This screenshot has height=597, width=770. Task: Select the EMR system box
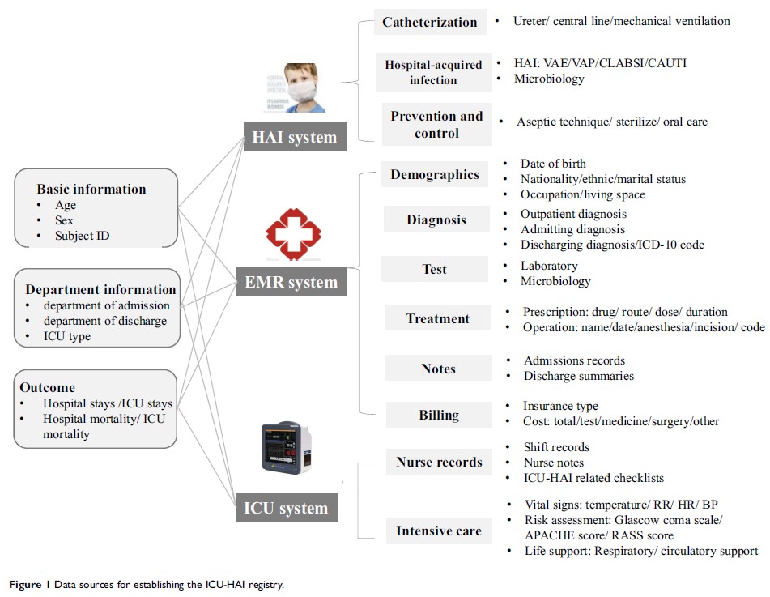pyautogui.click(x=290, y=283)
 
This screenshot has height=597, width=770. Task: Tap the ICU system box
pyautogui.click(x=286, y=509)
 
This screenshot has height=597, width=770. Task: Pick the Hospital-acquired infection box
pyautogui.click(x=433, y=72)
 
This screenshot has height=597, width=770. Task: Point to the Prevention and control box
pyautogui.click(x=436, y=124)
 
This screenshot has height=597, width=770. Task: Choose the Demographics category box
pyautogui.click(x=435, y=174)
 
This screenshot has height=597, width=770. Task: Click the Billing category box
pyautogui.click(x=439, y=415)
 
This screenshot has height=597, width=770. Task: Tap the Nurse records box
pyautogui.click(x=439, y=463)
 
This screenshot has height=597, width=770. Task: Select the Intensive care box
pyautogui.click(x=439, y=531)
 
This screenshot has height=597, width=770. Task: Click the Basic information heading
pyautogui.click(x=91, y=189)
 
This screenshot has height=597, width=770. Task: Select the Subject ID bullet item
pyautogui.click(x=83, y=236)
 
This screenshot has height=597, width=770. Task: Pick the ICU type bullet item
pyautogui.click(x=68, y=335)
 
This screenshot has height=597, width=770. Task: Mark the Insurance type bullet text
pyautogui.click(x=560, y=406)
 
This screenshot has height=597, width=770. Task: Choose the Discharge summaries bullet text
pyautogui.click(x=578, y=376)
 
